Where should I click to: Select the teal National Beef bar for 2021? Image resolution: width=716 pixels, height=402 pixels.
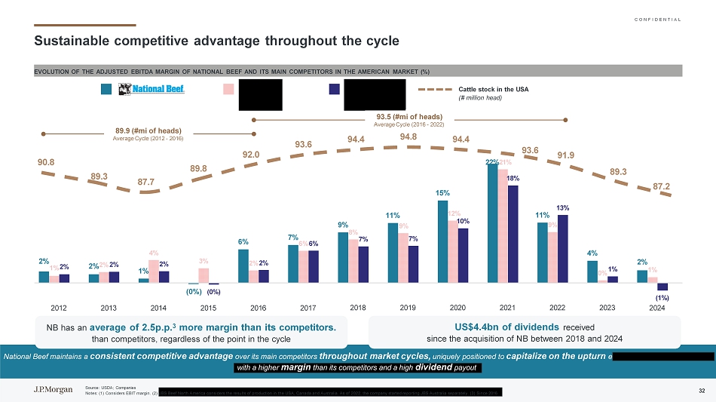(493, 223)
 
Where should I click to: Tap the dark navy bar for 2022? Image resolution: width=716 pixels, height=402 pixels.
(562, 249)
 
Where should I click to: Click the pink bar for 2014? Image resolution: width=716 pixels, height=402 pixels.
(154, 272)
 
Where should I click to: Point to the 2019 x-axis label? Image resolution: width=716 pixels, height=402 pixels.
(408, 308)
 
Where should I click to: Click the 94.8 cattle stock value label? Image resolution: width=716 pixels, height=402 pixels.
(409, 137)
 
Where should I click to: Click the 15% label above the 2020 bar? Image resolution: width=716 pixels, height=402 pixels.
(442, 194)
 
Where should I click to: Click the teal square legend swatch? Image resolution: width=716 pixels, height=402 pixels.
(106, 90)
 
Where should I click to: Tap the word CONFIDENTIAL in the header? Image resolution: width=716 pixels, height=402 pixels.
(655, 19)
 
